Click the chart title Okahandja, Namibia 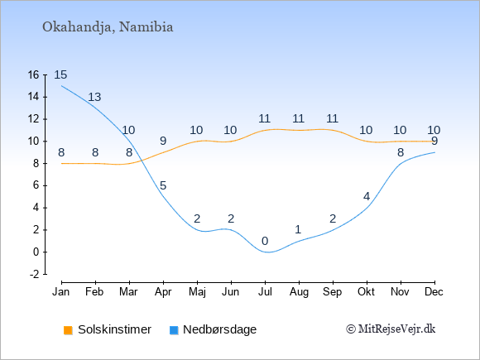pyautogui.click(x=108, y=27)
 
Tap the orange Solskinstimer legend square pyautogui.click(x=68, y=330)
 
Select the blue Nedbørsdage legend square pyautogui.click(x=174, y=330)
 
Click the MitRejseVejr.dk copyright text pyautogui.click(x=391, y=329)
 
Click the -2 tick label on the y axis pyautogui.click(x=35, y=274)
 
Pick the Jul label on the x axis pyautogui.click(x=265, y=292)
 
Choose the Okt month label pyautogui.click(x=366, y=292)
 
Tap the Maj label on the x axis pyautogui.click(x=197, y=292)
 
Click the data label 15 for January pyautogui.click(x=60, y=74)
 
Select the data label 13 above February pyautogui.click(x=94, y=97)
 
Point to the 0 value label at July pyautogui.click(x=265, y=241)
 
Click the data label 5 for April pyautogui.click(x=163, y=185)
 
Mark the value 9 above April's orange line pyautogui.click(x=163, y=142)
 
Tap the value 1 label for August pyautogui.click(x=299, y=229)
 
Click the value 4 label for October pyautogui.click(x=367, y=196)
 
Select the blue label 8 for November pyautogui.click(x=401, y=152)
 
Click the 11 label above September pyautogui.click(x=332, y=118)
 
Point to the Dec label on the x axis pyautogui.click(x=434, y=292)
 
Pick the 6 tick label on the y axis pyautogui.click(x=36, y=185)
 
